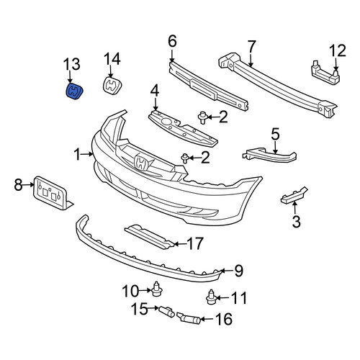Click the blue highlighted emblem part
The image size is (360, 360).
point(74,91)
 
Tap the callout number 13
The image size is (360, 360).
point(71,64)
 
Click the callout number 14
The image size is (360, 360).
point(112,59)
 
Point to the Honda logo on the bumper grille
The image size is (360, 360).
point(141,163)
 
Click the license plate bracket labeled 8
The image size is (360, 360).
point(53,193)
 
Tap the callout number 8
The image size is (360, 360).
point(18,185)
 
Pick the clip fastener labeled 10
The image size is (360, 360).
point(157,288)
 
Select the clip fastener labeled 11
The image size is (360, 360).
point(211,297)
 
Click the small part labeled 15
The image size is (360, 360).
point(167,312)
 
